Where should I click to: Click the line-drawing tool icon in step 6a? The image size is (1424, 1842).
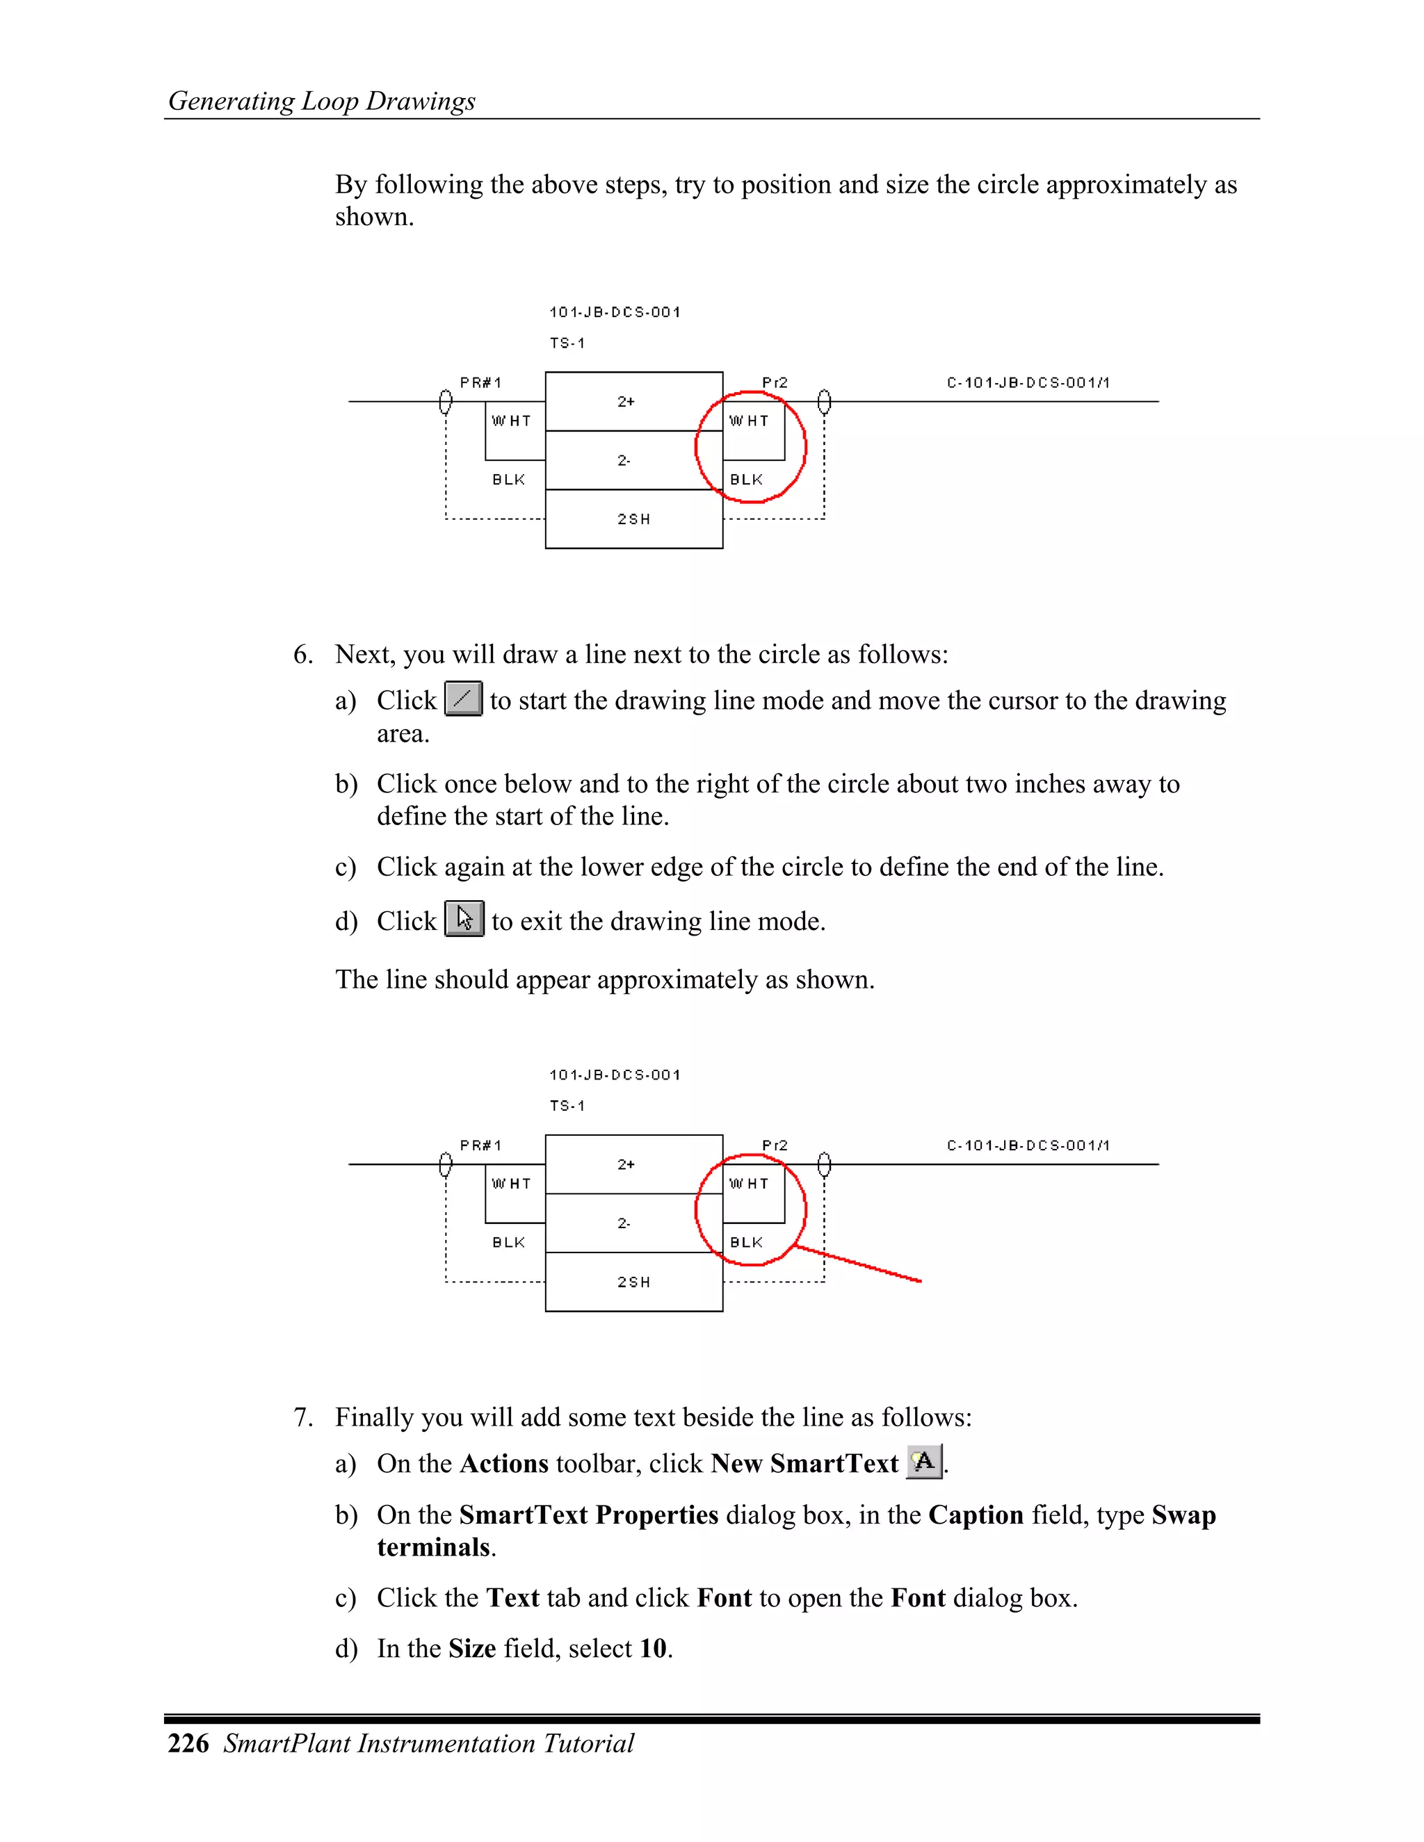coord(463,699)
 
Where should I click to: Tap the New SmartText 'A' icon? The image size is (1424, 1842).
coord(924,1462)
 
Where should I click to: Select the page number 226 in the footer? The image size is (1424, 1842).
coord(188,1743)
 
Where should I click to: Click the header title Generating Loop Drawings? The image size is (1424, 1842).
coord(321,101)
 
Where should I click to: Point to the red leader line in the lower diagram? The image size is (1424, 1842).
coord(859,1264)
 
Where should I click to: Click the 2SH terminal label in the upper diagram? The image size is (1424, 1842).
coord(633,519)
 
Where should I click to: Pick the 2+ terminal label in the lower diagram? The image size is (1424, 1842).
coord(626,1165)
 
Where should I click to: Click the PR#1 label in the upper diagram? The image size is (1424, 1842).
coord(481,383)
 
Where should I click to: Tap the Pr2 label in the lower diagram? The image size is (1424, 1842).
coord(775,1146)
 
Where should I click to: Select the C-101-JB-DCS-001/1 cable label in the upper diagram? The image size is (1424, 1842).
coord(1028,383)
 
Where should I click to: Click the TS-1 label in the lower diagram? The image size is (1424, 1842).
coord(567,1106)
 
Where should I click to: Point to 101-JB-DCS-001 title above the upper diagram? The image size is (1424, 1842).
coord(614,312)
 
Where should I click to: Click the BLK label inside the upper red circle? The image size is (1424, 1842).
coord(747,480)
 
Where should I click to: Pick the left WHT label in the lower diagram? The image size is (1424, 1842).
coord(511,1184)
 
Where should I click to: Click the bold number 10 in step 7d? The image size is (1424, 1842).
coord(653,1648)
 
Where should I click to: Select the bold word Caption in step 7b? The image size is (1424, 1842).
coord(976,1515)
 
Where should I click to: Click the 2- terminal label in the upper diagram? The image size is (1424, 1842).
coord(624,460)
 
